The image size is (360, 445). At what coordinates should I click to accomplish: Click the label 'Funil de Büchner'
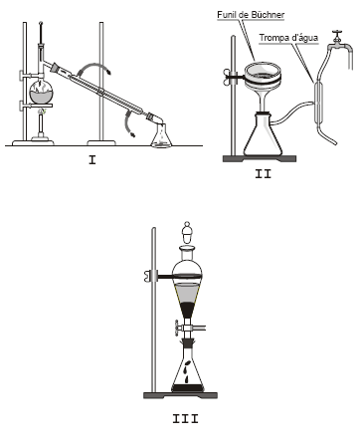tap(251, 15)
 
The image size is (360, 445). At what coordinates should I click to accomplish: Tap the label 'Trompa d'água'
tap(288, 38)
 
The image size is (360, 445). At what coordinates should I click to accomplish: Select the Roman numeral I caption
tap(92, 160)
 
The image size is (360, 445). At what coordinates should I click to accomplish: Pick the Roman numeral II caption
tap(263, 174)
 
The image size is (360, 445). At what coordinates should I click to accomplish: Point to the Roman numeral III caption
tap(185, 418)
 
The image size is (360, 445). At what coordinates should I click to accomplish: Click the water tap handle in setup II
tap(337, 33)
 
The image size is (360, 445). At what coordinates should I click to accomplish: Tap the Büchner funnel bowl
tap(263, 77)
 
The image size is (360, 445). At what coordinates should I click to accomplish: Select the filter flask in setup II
tap(263, 135)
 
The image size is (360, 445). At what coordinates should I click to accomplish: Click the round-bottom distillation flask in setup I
tap(41, 92)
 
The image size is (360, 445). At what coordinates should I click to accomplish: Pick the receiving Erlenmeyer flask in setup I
tap(161, 135)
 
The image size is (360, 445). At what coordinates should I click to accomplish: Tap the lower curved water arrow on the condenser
tap(126, 124)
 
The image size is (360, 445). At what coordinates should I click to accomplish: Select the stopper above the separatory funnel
tap(187, 232)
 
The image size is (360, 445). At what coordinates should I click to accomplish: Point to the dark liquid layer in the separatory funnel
tap(187, 310)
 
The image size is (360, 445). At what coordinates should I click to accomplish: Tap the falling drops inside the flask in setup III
tap(187, 370)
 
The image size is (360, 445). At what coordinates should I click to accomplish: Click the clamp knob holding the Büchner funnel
tap(229, 78)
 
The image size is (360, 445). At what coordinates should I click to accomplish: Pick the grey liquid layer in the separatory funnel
tap(187, 293)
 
